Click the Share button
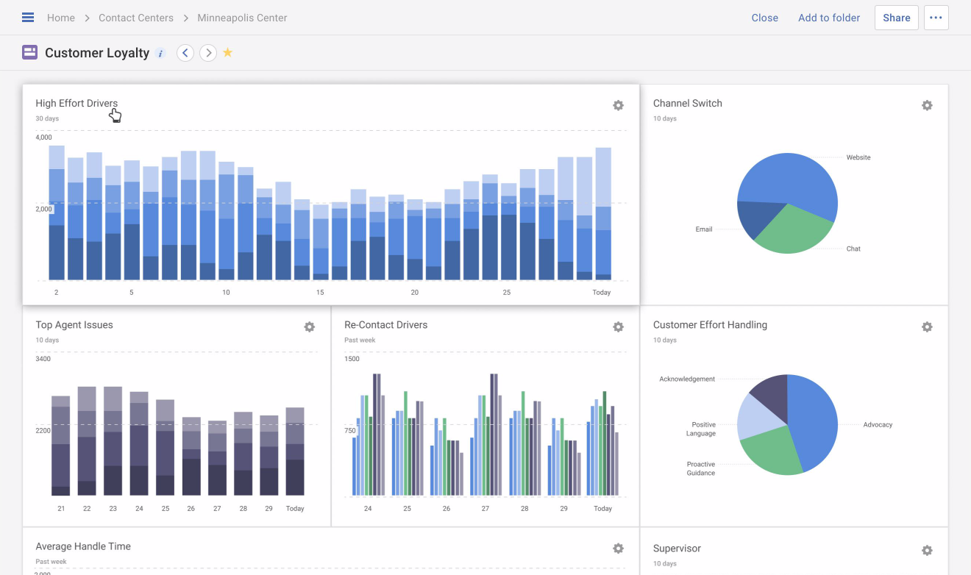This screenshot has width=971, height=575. click(x=896, y=18)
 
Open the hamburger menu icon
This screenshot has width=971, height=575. click(x=28, y=18)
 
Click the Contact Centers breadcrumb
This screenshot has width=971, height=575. click(x=136, y=18)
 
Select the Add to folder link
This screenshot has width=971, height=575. click(x=829, y=18)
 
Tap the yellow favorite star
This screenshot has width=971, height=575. click(x=228, y=53)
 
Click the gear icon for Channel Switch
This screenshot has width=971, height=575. click(x=927, y=105)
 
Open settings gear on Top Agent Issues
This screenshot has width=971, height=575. click(x=309, y=326)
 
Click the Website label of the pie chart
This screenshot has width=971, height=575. click(x=858, y=157)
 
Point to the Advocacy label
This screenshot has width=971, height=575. click(x=878, y=425)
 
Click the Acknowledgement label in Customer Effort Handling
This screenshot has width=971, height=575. click(x=687, y=379)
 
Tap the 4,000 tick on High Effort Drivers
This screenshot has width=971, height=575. click(x=44, y=137)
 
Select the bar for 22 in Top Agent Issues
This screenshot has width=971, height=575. click(x=87, y=441)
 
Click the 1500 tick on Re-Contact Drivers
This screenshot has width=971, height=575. click(x=352, y=359)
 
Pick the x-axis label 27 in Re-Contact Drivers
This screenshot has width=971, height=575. click(x=485, y=509)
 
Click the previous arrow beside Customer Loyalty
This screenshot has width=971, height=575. click(x=185, y=53)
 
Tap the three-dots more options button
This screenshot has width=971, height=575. click(x=936, y=18)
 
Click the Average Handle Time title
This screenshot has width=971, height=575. click(x=83, y=546)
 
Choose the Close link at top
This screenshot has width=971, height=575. click(x=764, y=18)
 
